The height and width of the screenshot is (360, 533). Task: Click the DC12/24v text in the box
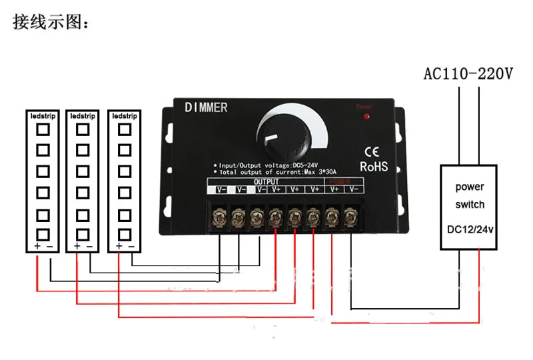470,230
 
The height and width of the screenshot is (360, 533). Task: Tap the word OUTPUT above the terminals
266,181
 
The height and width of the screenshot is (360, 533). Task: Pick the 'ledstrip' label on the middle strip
83,115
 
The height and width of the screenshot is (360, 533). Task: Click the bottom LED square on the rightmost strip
124,235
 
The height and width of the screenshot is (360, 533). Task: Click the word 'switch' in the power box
470,205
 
